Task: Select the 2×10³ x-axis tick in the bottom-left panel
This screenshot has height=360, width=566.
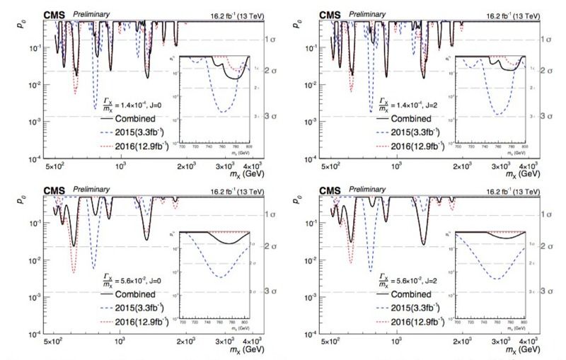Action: point(186,343)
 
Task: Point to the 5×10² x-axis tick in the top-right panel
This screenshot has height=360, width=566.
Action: point(330,168)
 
